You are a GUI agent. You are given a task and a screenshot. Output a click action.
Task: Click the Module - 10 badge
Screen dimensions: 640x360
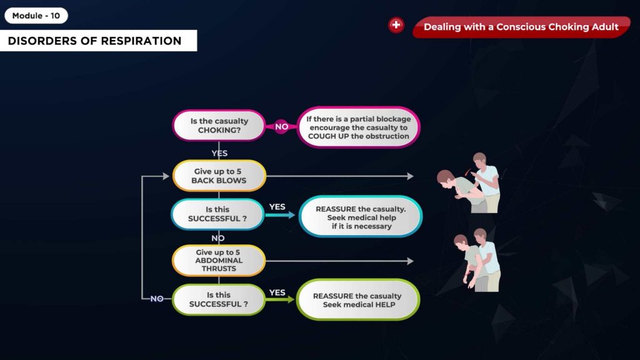36,16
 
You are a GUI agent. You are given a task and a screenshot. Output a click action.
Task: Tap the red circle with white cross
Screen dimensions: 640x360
396,25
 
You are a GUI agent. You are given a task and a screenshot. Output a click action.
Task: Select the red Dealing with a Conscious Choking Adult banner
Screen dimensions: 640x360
521,27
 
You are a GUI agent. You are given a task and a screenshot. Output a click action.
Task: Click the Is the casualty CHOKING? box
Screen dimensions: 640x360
219,126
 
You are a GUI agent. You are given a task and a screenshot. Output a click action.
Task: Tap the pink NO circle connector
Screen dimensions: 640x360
281,126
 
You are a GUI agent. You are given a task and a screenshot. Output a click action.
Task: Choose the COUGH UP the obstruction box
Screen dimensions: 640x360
358,127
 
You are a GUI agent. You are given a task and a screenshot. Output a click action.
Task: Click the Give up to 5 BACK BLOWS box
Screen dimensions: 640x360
219,176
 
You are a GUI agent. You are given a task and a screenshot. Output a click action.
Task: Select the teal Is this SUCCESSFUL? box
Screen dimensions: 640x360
217,214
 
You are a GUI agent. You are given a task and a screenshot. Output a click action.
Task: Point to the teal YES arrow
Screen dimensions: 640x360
280,215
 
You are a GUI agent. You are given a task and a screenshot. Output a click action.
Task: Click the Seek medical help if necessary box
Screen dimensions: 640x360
361,217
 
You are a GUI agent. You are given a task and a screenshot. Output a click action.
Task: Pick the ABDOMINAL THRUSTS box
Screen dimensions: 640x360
219,261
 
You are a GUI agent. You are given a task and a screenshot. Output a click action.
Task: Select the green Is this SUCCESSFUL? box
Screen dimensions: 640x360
219,299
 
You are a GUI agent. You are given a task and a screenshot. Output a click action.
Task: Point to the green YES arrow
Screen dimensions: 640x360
280,299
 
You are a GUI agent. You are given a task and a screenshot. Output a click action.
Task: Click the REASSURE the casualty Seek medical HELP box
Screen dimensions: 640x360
358,300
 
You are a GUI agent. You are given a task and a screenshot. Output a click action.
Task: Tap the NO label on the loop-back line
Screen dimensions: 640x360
157,299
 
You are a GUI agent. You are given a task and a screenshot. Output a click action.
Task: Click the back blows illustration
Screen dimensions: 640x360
469,183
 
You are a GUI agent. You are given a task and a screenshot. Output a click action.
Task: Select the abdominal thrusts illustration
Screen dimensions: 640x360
477,260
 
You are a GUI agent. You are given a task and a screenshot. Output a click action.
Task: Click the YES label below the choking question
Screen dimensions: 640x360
219,154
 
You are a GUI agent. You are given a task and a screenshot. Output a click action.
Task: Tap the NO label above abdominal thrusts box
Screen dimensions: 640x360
218,238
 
